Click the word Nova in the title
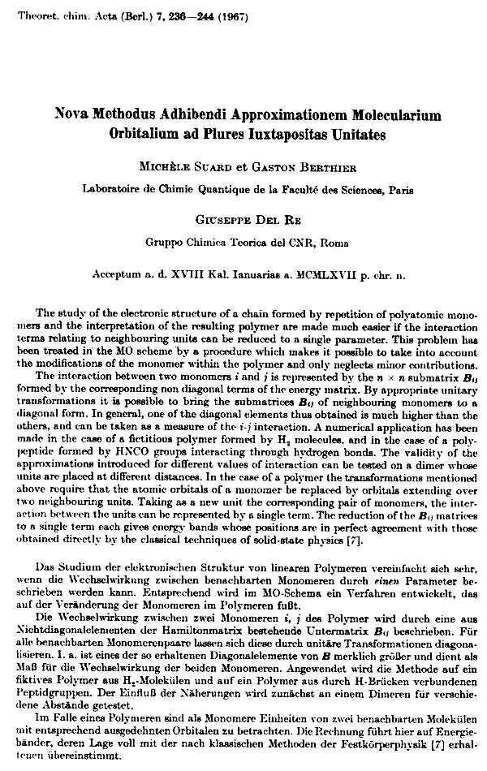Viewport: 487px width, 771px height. [71, 115]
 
